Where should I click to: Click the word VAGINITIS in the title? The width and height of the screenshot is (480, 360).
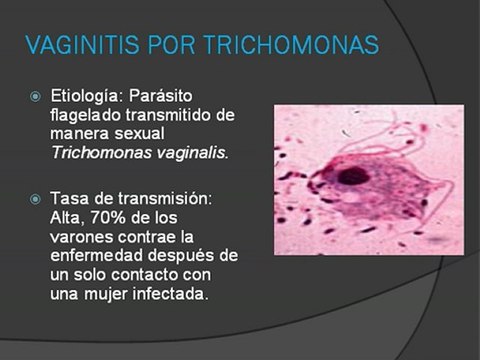point(83,45)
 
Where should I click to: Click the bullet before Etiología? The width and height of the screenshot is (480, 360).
point(36,97)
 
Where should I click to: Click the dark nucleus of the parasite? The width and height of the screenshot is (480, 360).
point(352,176)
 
